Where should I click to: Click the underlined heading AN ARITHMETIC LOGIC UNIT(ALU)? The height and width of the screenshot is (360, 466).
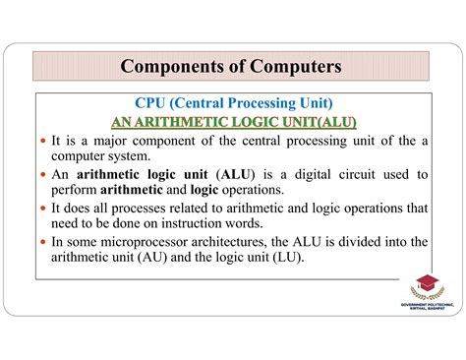(233, 122)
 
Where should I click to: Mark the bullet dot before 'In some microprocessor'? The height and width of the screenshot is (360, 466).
(43, 241)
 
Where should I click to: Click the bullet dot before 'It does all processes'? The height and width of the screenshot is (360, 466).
(43, 208)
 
